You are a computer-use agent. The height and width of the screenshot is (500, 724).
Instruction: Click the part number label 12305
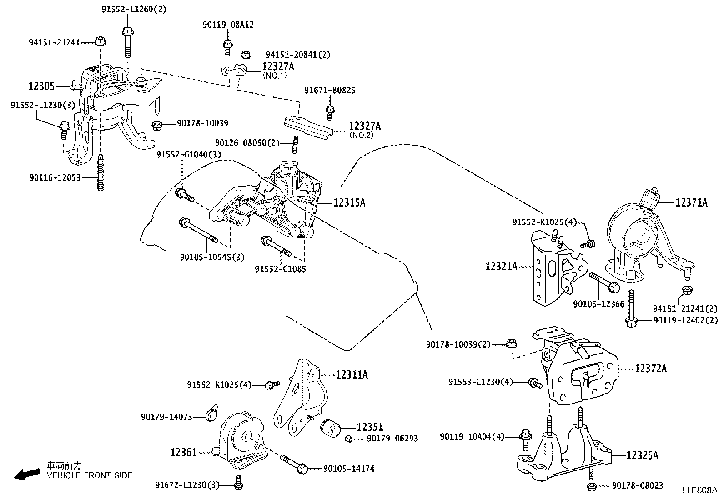tap(41, 86)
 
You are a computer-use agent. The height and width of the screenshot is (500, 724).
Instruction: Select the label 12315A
tap(349, 203)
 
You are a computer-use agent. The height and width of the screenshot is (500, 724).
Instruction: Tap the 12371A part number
tap(691, 203)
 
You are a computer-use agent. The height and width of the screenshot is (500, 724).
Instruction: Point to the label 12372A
tap(651, 368)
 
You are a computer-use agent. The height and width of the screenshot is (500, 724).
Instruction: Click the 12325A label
tap(642, 455)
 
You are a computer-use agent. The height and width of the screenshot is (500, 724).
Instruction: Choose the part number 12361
tap(184, 452)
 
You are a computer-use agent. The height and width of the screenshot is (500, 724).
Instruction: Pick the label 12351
tap(370, 427)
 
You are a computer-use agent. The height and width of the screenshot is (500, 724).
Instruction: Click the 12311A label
tap(352, 374)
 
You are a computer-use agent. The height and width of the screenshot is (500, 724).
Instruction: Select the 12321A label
tap(501, 266)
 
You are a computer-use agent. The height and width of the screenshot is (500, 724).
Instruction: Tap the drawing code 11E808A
tap(699, 490)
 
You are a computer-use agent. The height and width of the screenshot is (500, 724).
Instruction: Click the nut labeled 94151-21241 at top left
tap(100, 41)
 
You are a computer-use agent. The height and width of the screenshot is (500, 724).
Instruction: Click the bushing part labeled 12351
tap(331, 428)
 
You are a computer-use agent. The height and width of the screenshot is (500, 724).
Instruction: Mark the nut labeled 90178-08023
tap(592, 487)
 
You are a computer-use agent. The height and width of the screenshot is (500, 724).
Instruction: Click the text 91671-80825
tap(330, 91)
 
